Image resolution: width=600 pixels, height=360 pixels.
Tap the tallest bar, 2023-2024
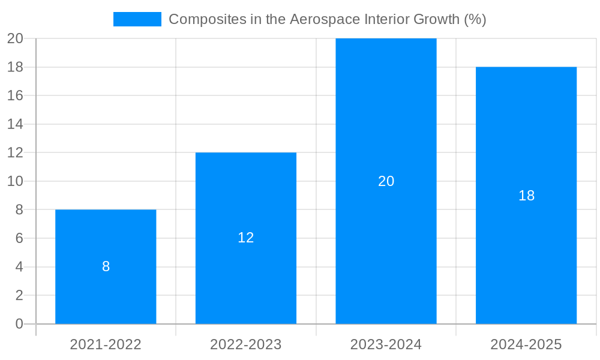[386, 120]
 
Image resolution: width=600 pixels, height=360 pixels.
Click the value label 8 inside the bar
[106, 266]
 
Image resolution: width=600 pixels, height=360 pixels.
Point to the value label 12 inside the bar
[246, 238]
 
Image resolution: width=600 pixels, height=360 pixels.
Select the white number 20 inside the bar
[386, 181]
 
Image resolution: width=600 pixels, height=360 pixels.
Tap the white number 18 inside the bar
[526, 196]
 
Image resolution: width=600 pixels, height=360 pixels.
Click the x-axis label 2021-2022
[106, 344]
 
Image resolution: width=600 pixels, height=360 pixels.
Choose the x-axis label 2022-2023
[246, 344]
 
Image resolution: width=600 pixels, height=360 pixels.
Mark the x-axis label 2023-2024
[386, 344]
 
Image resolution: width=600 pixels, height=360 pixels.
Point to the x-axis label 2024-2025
[526, 344]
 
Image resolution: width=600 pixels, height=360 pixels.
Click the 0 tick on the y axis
[19, 324]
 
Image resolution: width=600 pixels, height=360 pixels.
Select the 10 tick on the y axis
[15, 181]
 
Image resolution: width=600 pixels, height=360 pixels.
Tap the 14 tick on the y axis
[15, 124]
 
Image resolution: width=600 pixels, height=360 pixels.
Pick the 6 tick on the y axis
[19, 238]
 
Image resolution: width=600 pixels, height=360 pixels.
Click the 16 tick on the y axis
[15, 95]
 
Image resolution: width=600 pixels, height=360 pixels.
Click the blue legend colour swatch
[137, 19]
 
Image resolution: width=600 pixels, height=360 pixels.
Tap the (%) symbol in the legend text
[475, 19]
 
